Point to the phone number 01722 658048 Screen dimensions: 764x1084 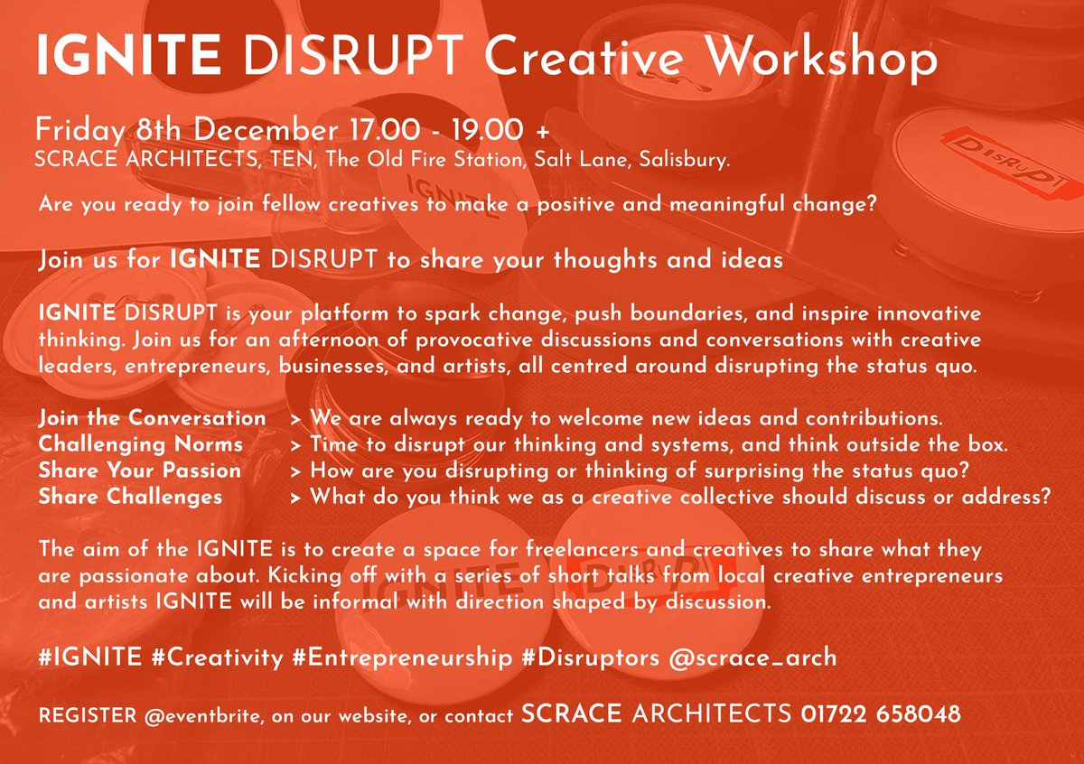881,714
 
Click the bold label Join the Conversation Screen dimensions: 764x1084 153,418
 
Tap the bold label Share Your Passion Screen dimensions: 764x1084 140,471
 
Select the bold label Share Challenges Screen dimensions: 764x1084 131,496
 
